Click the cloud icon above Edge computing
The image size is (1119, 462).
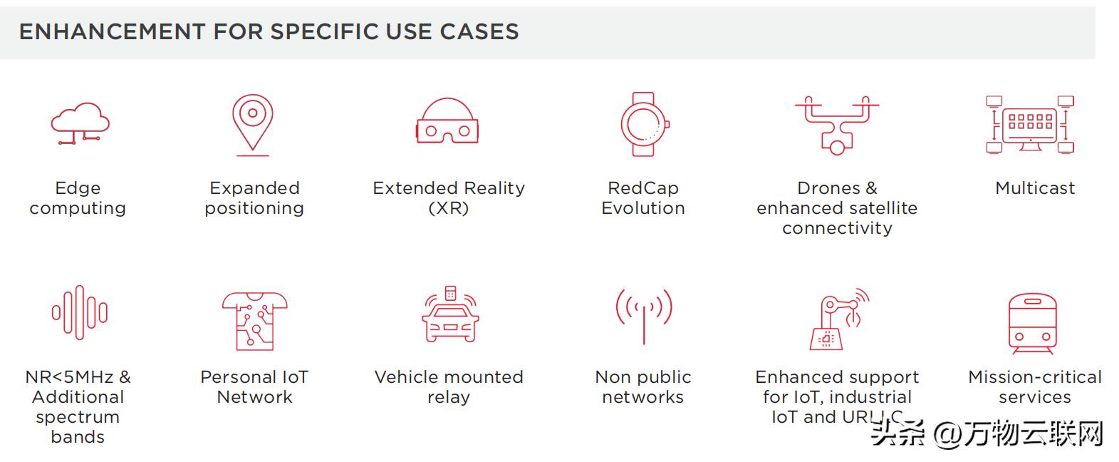(x=80, y=123)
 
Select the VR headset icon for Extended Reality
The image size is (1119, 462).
(x=447, y=121)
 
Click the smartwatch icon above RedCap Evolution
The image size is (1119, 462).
(x=643, y=123)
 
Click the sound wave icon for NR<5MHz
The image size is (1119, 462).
(x=79, y=312)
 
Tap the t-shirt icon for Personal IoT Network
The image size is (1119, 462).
(x=254, y=319)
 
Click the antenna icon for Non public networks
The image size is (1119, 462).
(x=643, y=314)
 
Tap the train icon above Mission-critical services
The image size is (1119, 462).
(x=1032, y=322)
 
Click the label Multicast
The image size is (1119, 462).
(x=1034, y=188)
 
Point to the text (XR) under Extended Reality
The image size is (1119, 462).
(x=449, y=208)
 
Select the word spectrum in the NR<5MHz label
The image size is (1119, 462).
(x=78, y=417)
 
